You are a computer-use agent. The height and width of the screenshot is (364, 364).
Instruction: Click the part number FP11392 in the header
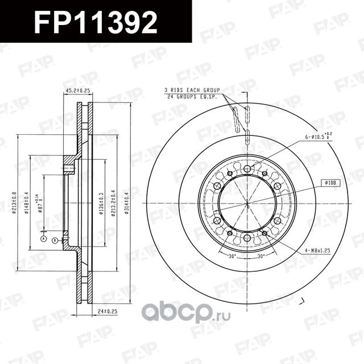(x=95, y=21)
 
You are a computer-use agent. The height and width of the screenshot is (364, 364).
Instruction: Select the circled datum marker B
(x=55, y=241)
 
